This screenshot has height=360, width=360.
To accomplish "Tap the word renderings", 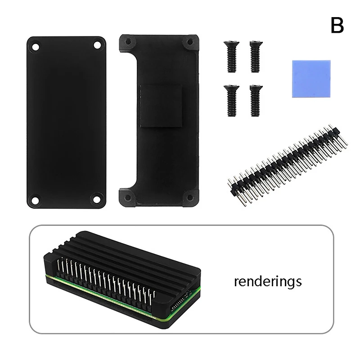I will coord(267,282).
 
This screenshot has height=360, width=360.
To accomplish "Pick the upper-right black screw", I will coord(256,56).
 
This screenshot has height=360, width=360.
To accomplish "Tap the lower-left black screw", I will coord(231,100).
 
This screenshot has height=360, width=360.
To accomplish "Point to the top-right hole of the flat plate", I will coord(97,45).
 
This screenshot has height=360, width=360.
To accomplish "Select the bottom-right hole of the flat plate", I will coord(96,198).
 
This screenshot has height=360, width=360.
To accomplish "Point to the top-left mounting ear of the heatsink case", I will coord(128,42).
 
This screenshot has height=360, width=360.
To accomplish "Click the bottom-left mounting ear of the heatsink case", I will coord(127,197).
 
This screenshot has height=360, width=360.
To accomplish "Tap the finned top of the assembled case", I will coord(135,252).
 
